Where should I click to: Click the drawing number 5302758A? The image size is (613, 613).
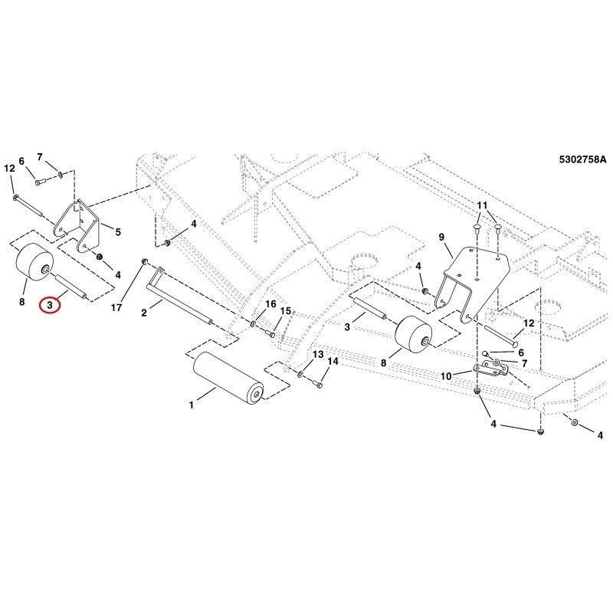pyautogui.click(x=582, y=159)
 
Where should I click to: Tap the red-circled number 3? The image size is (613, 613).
pyautogui.click(x=50, y=304)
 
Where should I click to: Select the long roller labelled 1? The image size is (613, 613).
pyautogui.click(x=228, y=375)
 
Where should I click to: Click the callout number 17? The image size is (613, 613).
pyautogui.click(x=116, y=308)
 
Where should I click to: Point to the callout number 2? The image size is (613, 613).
pyautogui.click(x=144, y=313)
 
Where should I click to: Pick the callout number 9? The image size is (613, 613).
pyautogui.click(x=441, y=237)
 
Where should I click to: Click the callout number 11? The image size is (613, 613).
pyautogui.click(x=483, y=205)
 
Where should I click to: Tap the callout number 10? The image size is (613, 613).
pyautogui.click(x=446, y=376)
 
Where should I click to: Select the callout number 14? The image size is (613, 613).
pyautogui.click(x=333, y=362)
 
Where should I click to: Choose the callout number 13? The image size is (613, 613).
pyautogui.click(x=318, y=354)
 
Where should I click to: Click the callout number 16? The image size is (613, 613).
pyautogui.click(x=270, y=304)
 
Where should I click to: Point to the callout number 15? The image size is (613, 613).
pyautogui.click(x=286, y=311)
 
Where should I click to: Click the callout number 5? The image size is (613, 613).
pyautogui.click(x=118, y=232)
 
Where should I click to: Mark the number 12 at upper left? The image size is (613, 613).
pyautogui.click(x=9, y=169)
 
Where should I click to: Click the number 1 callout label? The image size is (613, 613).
pyautogui.click(x=191, y=405)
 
